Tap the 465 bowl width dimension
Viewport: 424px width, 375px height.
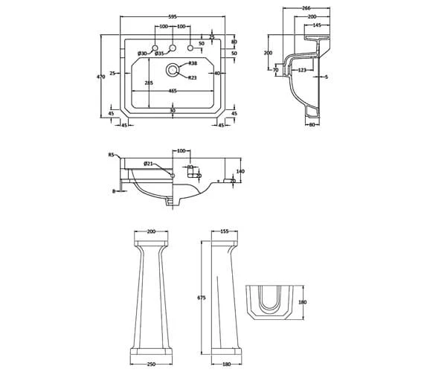click(172, 90)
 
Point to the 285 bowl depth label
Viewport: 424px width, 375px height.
click(149, 83)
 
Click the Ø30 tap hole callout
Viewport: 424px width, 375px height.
click(143, 53)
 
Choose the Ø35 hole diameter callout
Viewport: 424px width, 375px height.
click(159, 53)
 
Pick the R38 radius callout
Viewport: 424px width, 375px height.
click(193, 63)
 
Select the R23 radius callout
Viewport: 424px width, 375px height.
click(193, 77)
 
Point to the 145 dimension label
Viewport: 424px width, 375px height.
click(317, 25)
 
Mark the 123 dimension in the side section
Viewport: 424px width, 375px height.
click(302, 70)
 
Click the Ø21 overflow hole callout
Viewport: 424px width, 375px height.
click(148, 164)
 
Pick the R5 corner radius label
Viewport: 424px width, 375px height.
click(112, 155)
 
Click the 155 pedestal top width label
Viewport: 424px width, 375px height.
click(224, 231)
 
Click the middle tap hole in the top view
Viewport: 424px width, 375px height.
click(173, 48)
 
